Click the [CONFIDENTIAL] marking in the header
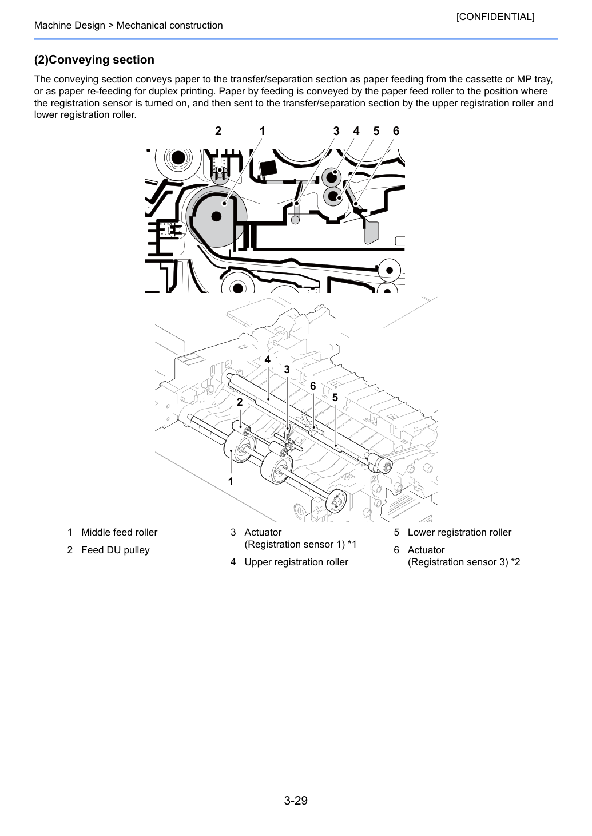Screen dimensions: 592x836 coord(495,17)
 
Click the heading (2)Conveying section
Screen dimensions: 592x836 coord(94,60)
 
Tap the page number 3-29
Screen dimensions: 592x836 coord(296,800)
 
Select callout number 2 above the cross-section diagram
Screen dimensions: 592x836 coord(218,131)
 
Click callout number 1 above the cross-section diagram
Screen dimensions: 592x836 coord(262,131)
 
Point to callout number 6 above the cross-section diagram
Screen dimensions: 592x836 coord(396,131)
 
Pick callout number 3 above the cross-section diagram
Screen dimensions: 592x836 coord(336,131)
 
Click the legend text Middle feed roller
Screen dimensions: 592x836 coord(120,532)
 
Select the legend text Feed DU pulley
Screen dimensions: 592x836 coord(116,550)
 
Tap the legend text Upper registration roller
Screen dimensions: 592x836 coord(296,562)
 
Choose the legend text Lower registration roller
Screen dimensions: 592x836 coord(459,532)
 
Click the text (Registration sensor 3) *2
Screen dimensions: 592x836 coord(464,562)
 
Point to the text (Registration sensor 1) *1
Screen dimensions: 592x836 coord(300,544)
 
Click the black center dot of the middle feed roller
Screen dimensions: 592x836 coord(216,216)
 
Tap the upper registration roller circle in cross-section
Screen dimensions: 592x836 coord(331,177)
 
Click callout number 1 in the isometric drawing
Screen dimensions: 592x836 coord(231,482)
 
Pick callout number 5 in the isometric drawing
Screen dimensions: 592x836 coord(335,398)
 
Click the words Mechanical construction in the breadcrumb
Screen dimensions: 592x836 coord(170,25)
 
